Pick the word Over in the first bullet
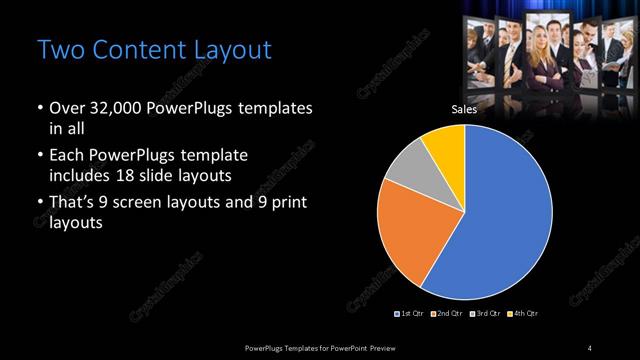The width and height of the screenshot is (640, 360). tap(66, 107)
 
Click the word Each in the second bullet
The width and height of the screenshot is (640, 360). tap(66, 156)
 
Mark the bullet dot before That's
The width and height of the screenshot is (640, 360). tap(39, 204)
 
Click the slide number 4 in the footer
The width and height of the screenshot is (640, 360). tap(590, 347)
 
